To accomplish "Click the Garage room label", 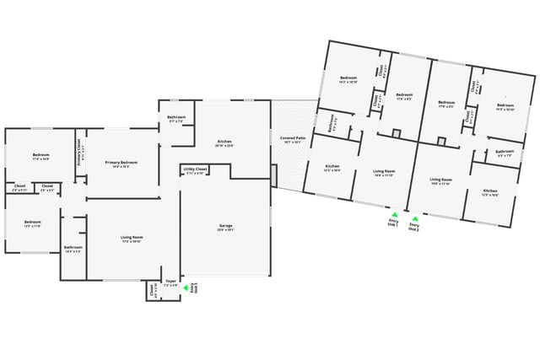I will pos(224,229).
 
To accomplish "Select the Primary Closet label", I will pos(79,151).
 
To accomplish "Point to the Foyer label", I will pos(170,283).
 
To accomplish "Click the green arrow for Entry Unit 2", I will pos(414,218).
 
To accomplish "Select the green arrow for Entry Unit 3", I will pos(186,290).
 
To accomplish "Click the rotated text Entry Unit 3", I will pos(194,288).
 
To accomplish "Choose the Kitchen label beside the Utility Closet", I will pos(224,142).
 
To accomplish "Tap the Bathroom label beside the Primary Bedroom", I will pos(176,118).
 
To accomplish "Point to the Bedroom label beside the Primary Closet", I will pos(41,156).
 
